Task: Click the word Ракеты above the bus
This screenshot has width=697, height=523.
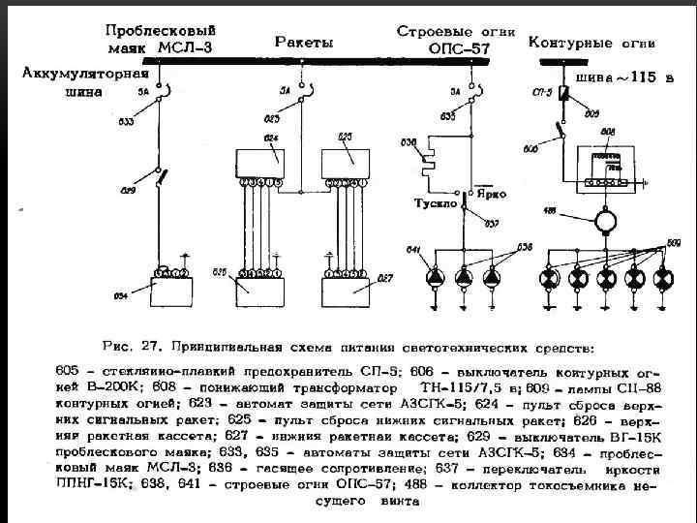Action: (304, 43)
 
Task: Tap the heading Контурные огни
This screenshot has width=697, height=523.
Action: (591, 44)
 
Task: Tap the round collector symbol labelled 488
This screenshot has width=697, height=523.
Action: (606, 220)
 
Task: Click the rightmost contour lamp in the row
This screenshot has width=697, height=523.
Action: (663, 279)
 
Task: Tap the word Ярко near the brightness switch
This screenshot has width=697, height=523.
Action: (492, 194)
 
